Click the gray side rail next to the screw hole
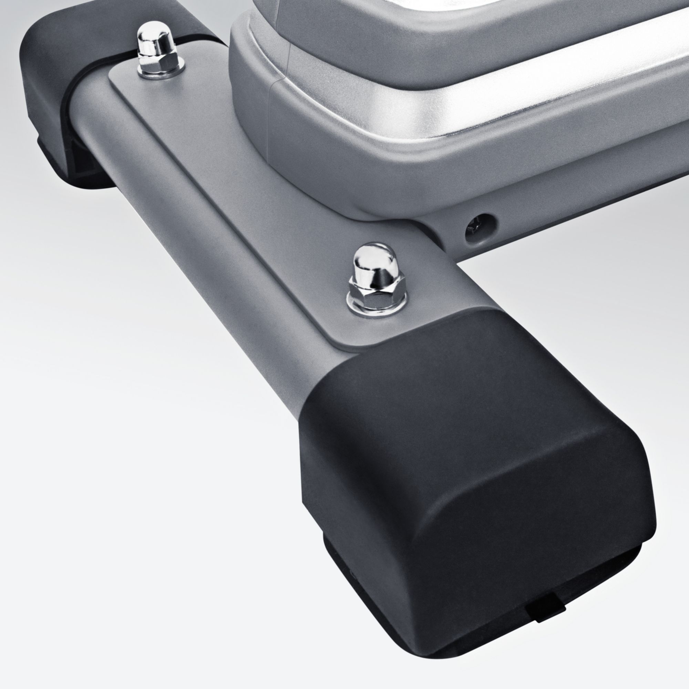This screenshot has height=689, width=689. [570, 214]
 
